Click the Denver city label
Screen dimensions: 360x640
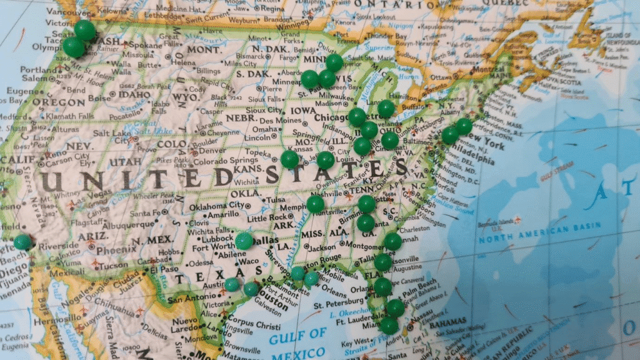tap(213, 150)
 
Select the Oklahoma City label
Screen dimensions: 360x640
tap(216, 206)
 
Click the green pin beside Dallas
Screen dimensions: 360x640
tap(244, 241)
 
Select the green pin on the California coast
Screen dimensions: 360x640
tap(23, 241)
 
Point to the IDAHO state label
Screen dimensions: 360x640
tap(133, 94)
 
